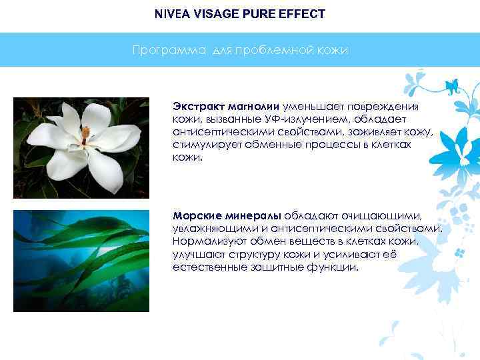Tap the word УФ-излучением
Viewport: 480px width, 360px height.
pos(277,119)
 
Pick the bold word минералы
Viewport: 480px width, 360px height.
pos(251,216)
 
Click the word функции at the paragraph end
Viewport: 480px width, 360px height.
pos(335,267)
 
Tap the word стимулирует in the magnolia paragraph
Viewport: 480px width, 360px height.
pos(205,145)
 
